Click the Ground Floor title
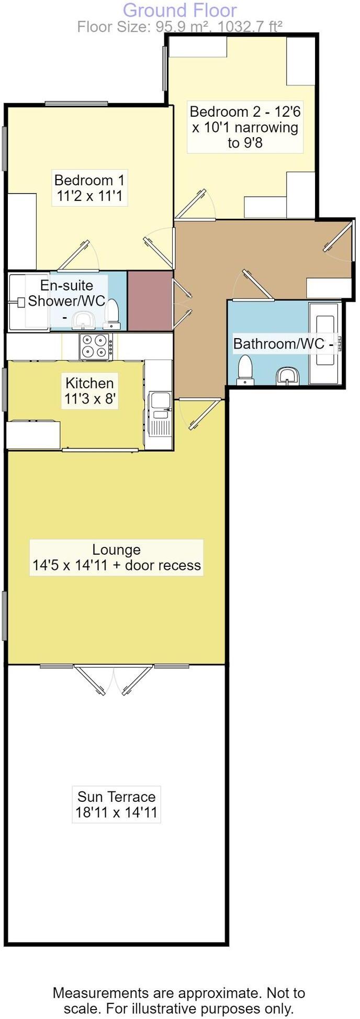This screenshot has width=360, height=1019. click(x=179, y=10)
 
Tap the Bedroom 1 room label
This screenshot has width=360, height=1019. click(x=89, y=188)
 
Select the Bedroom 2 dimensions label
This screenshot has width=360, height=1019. click(x=245, y=127)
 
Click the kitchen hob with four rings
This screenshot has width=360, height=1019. click(x=96, y=346)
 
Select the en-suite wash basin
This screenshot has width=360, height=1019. click(x=82, y=319)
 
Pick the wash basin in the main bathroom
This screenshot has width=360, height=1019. click(x=287, y=375)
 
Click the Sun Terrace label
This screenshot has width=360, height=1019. click(x=116, y=804)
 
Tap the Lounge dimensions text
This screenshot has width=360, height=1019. click(x=116, y=565)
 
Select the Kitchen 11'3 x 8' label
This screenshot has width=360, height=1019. click(x=90, y=391)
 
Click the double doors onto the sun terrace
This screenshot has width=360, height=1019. click(x=114, y=678)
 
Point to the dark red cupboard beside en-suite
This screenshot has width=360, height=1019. click(x=150, y=300)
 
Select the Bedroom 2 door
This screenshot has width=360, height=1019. click(x=195, y=205)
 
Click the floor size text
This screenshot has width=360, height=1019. click(x=179, y=27)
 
